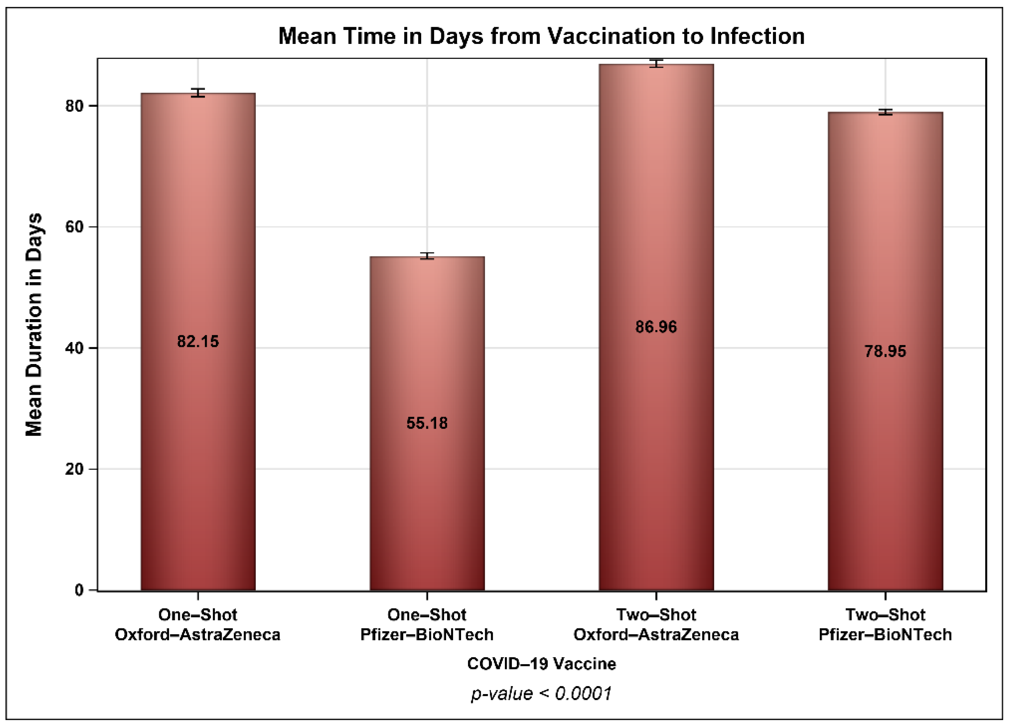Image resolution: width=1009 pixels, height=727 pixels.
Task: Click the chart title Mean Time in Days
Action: click(541, 36)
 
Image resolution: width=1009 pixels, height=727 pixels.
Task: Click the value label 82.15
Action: click(198, 341)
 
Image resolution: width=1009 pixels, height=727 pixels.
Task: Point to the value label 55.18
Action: click(427, 423)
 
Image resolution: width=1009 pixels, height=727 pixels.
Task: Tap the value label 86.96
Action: click(656, 327)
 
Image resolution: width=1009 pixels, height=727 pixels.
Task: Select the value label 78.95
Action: click(885, 351)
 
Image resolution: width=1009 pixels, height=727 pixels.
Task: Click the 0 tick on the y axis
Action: click(79, 590)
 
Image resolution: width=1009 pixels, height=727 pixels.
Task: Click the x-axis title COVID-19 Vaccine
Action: click(541, 664)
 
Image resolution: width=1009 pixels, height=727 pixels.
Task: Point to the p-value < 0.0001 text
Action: click(541, 693)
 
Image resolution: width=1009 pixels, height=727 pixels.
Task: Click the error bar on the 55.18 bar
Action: click(427, 255)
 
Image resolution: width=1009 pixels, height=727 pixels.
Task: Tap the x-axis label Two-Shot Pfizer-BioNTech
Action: click(885, 625)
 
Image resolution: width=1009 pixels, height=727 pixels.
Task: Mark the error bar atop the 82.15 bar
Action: click(198, 92)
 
